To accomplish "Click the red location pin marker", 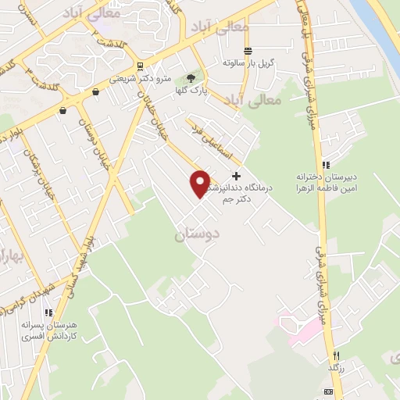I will [x=201, y=183].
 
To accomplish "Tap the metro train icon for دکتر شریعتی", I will [x=139, y=66].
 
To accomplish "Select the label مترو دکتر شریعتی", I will [x=134, y=78].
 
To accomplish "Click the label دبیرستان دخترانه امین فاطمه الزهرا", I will [x=326, y=182].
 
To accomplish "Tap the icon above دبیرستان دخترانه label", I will [x=326, y=165].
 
